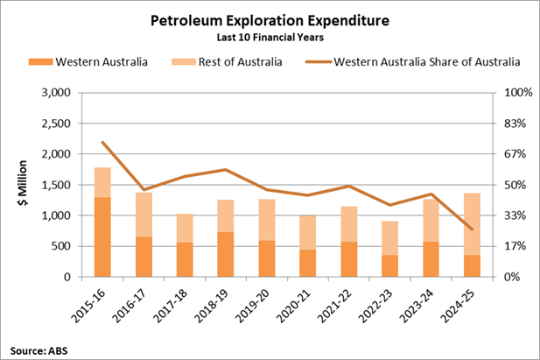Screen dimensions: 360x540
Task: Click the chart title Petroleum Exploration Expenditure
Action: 270,18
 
